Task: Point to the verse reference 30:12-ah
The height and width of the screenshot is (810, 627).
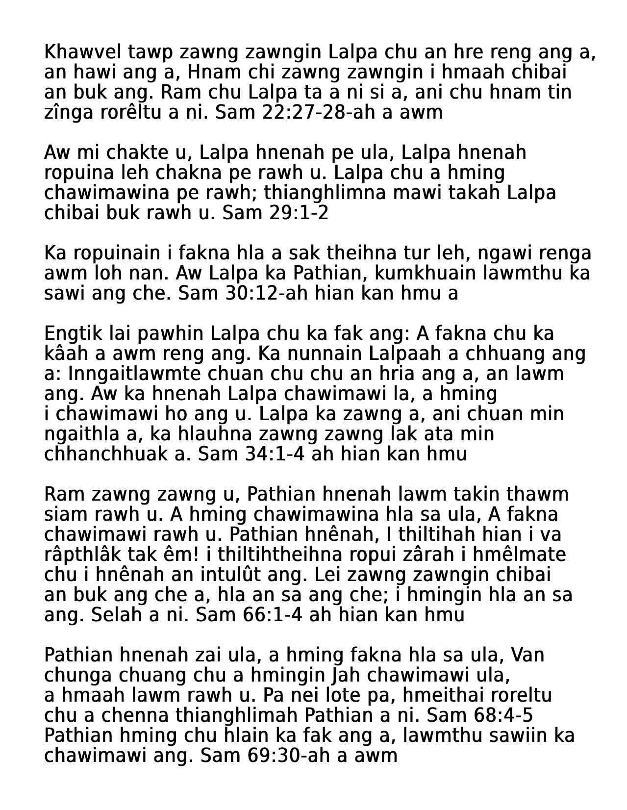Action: pos(266,293)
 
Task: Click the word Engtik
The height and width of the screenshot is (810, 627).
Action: pos(70,333)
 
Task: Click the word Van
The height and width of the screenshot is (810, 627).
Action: pos(527,655)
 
